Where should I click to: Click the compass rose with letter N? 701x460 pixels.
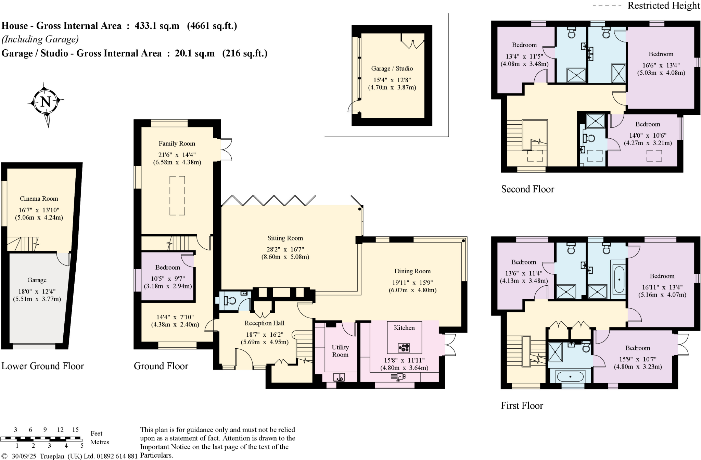(46, 101)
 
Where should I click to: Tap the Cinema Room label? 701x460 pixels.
(39, 199)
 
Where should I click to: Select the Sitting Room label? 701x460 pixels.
(285, 238)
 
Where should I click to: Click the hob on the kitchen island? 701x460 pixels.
(404, 348)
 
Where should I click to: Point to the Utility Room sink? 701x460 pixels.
(339, 377)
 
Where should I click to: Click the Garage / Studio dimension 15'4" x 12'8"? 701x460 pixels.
(392, 80)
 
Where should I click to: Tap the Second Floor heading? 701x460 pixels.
(527, 189)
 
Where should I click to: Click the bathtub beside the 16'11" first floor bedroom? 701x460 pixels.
(619, 279)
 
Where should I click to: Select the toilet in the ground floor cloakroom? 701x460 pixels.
(231, 301)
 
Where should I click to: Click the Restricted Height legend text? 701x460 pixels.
(664, 5)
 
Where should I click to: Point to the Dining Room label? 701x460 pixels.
(412, 271)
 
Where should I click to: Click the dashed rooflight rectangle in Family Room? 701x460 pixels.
(177, 196)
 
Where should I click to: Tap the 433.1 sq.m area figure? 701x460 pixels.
(157, 26)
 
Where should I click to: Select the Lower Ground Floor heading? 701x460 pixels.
(43, 366)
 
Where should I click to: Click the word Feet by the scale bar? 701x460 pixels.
(96, 434)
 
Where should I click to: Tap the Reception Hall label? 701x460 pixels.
(264, 323)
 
